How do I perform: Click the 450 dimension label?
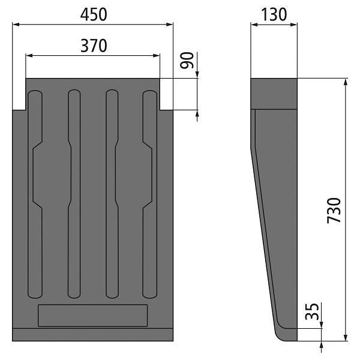(x=94, y=14)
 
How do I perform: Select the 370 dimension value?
(x=94, y=46)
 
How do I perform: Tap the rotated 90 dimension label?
(x=187, y=61)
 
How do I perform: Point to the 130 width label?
(x=274, y=14)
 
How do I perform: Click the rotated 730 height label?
(x=334, y=211)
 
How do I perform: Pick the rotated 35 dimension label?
(x=312, y=311)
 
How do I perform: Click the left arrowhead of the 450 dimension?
(x=16, y=25)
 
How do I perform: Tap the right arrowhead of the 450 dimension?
(x=169, y=25)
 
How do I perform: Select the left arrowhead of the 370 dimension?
(x=29, y=56)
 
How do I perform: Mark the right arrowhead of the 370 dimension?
(x=157, y=56)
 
